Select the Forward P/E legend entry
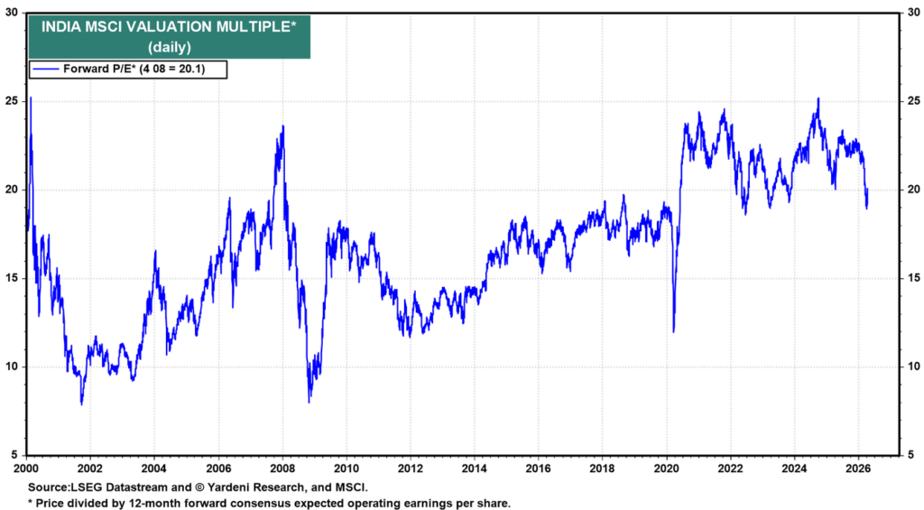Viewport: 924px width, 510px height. pos(127,69)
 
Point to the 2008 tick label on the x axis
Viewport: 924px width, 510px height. pos(282,469)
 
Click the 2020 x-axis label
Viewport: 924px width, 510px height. pos(666,469)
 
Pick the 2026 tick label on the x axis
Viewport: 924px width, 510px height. pos(858,469)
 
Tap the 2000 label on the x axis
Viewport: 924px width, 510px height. pos(25,469)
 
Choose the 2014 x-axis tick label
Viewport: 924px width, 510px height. pos(474,469)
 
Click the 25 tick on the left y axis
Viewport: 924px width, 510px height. pos(12,101)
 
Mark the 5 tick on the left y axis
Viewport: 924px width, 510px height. pos(14,455)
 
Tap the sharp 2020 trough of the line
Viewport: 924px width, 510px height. pos(673,330)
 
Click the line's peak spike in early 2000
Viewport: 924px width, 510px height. pos(31,97)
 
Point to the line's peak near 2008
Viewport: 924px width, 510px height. pos(283,126)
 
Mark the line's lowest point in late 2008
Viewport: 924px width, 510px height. pos(310,402)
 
